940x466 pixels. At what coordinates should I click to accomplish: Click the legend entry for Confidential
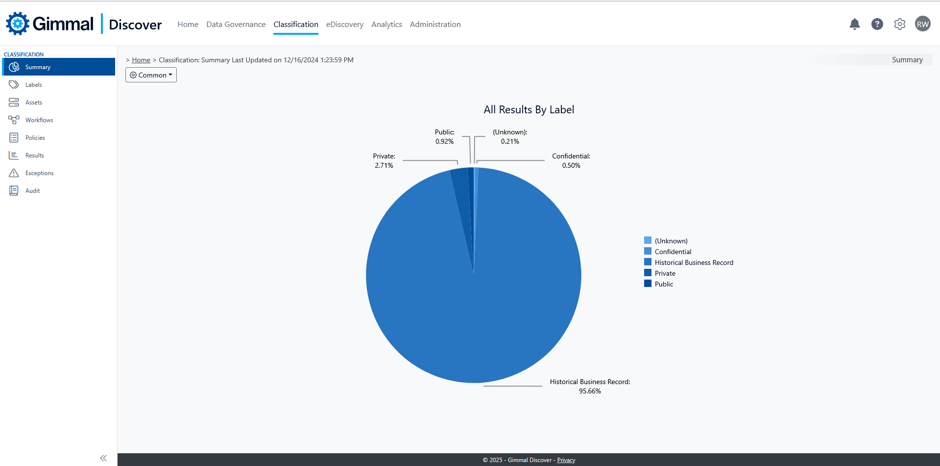click(673, 252)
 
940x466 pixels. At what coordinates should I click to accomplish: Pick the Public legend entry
click(664, 284)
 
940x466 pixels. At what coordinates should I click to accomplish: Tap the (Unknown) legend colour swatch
click(648, 240)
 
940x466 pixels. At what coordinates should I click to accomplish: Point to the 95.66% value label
click(590, 391)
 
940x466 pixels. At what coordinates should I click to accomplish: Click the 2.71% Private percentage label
click(384, 165)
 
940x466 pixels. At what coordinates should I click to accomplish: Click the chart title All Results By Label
click(529, 109)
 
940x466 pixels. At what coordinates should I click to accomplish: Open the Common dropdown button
click(151, 75)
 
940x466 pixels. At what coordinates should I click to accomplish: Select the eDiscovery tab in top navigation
click(345, 25)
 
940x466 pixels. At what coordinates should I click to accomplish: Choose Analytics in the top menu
click(386, 25)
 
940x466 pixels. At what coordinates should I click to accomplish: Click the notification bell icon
click(854, 24)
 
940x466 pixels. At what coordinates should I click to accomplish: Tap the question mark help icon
click(877, 24)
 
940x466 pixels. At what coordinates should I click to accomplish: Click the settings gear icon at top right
click(899, 24)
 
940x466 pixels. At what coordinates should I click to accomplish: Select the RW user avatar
click(922, 24)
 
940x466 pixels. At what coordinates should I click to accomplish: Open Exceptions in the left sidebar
click(39, 173)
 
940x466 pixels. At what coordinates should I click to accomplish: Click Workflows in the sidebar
click(39, 120)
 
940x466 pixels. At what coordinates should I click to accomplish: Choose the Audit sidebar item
click(32, 191)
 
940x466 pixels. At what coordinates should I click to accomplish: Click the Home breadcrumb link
click(141, 60)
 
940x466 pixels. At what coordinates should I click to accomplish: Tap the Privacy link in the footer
click(566, 460)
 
